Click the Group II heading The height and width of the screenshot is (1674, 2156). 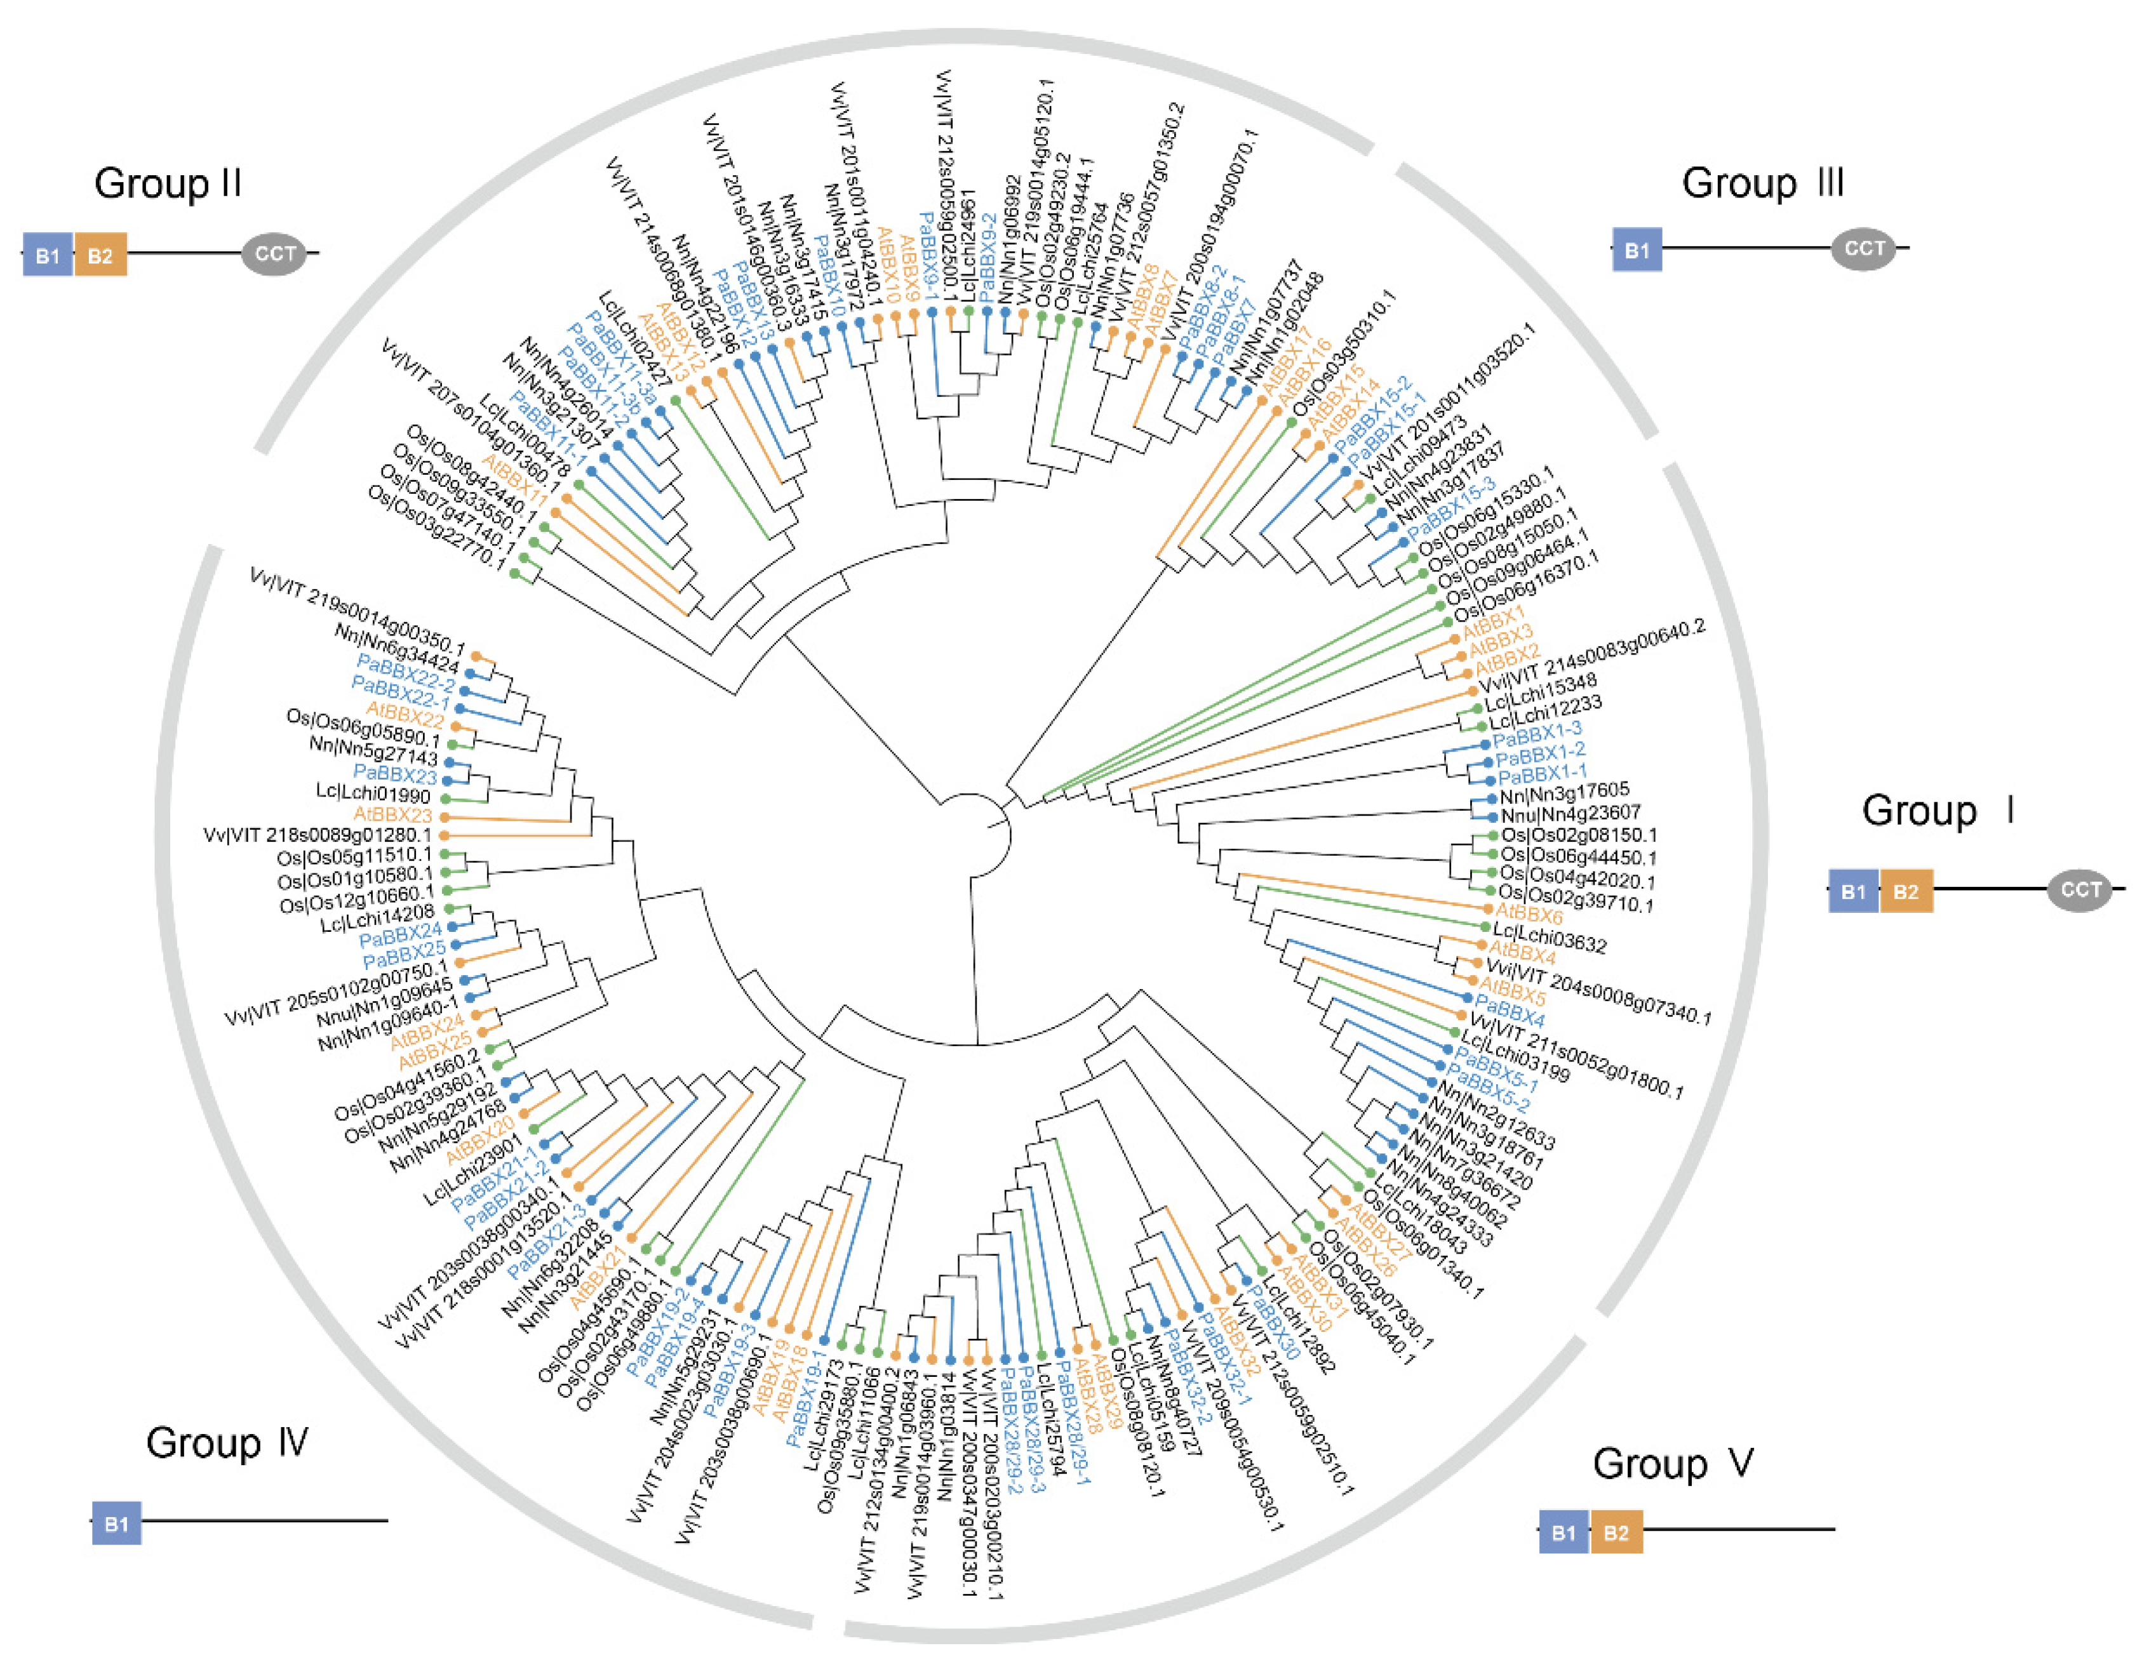[x=168, y=183]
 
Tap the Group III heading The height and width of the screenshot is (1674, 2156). [x=1762, y=183]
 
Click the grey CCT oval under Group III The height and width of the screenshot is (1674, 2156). [x=1864, y=249]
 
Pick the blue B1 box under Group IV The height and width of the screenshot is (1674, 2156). [x=116, y=1523]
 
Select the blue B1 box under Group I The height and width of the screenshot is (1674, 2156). [x=1853, y=891]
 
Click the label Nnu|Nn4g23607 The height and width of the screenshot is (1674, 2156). [x=1570, y=814]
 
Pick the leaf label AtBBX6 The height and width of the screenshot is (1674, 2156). [x=1529, y=914]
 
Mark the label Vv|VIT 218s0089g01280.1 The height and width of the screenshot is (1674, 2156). [x=318, y=835]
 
